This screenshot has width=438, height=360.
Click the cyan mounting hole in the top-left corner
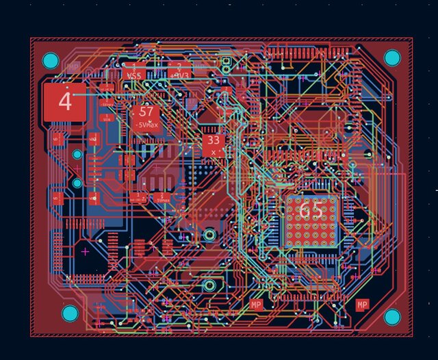(51, 60)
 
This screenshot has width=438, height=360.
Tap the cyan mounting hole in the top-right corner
(391, 57)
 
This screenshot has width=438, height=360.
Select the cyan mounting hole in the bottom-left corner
(70, 314)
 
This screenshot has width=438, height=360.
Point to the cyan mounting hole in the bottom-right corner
(391, 316)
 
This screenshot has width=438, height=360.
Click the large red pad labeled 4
(65, 102)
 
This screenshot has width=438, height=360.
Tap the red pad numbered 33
(213, 141)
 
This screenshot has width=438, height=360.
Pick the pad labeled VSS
(134, 74)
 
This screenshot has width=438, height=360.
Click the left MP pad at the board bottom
(257, 304)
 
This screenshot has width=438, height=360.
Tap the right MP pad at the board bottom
(362, 304)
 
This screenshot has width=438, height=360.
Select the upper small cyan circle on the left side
(77, 155)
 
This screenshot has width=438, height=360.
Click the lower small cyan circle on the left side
(77, 183)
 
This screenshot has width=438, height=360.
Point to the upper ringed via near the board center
(209, 235)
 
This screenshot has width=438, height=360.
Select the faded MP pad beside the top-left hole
(73, 67)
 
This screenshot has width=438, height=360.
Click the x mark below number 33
(214, 152)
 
